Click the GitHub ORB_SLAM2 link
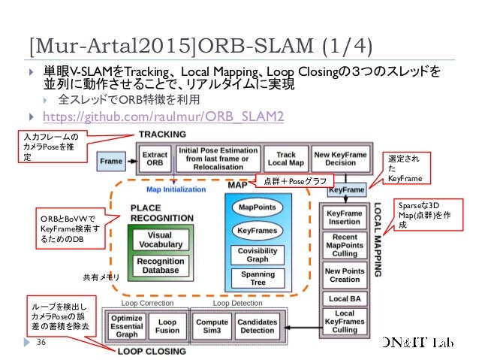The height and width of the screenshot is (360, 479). coord(163,116)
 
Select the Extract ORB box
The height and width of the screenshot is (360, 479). coord(154,159)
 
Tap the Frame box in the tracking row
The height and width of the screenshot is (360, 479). coord(111,161)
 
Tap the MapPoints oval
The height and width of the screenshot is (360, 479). coord(258,207)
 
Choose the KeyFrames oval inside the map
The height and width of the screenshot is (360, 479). coord(258,230)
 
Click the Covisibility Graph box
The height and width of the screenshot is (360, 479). coord(258,254)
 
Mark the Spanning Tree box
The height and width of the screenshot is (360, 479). coord(258,279)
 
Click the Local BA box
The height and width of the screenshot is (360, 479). coord(345,299)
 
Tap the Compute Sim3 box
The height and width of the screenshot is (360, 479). coord(212,325)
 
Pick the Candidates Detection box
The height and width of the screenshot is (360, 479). coord(257,325)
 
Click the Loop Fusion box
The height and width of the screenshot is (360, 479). coord(167,325)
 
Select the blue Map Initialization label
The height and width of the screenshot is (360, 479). coord(176,189)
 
